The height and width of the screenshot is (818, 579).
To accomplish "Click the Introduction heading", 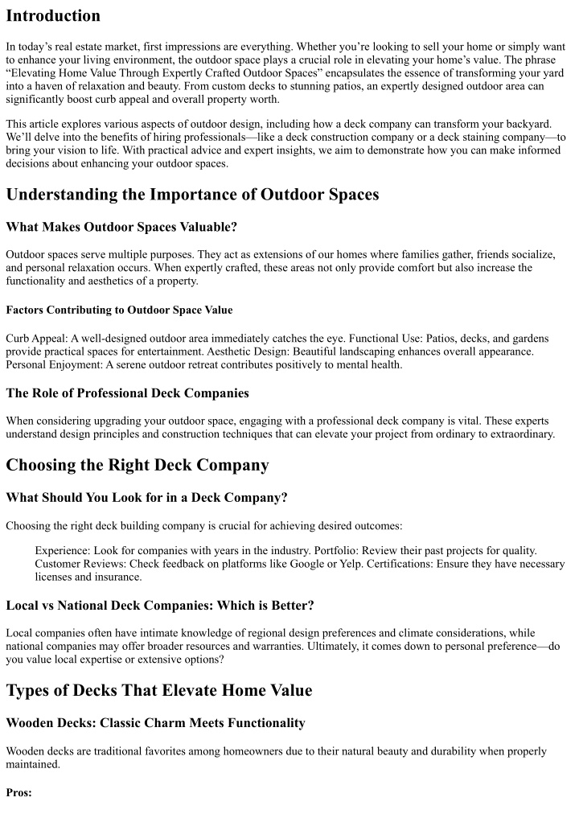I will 53,15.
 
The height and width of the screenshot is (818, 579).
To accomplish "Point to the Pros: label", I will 18,792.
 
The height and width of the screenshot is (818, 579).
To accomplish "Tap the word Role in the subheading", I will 51,393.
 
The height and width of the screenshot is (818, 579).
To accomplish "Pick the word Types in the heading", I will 31,689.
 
